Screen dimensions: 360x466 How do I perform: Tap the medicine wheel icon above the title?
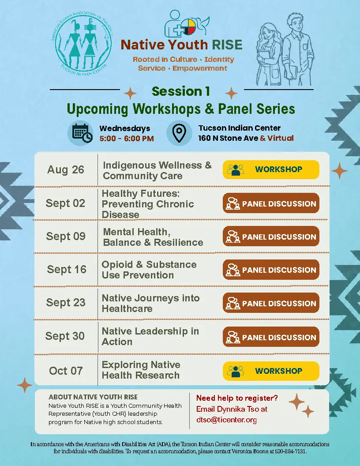pyautogui.click(x=189, y=27)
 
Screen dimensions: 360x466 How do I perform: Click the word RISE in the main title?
pyautogui.click(x=227, y=45)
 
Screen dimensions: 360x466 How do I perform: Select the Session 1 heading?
pyautogui.click(x=180, y=91)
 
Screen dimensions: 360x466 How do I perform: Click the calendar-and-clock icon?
pyautogui.click(x=80, y=133)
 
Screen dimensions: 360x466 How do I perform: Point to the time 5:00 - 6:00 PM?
pyautogui.click(x=127, y=139)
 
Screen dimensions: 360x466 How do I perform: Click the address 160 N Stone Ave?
pyautogui.click(x=228, y=138)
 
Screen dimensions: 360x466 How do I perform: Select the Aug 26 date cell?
pyautogui.click(x=66, y=170)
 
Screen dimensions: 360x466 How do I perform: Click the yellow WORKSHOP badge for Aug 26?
pyautogui.click(x=271, y=169)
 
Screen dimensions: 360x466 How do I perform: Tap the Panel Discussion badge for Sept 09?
pyautogui.click(x=271, y=237)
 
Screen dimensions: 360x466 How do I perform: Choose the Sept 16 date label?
pyautogui.click(x=67, y=269)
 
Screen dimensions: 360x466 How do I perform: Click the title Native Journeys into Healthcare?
pyautogui.click(x=150, y=303)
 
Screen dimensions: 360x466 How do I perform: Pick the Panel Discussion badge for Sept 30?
pyautogui.click(x=271, y=337)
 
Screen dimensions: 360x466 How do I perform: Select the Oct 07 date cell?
pyautogui.click(x=66, y=371)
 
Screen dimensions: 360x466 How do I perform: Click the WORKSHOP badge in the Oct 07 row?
pyautogui.click(x=271, y=371)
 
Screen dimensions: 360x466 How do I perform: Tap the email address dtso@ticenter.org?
pyautogui.click(x=226, y=420)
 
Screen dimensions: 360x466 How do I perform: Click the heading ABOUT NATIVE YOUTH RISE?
pyautogui.click(x=93, y=397)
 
